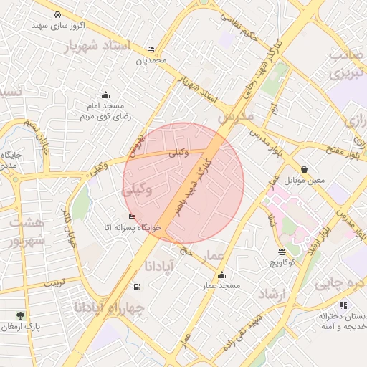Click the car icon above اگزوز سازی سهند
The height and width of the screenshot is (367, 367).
tap(57, 14)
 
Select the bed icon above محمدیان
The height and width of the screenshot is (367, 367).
tap(151, 49)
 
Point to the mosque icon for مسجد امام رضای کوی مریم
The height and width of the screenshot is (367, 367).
tap(105, 95)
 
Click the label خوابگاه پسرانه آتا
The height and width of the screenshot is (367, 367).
tap(133, 227)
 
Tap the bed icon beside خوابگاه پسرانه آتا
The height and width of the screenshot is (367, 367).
tap(131, 216)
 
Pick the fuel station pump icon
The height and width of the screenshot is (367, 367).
tap(136, 287)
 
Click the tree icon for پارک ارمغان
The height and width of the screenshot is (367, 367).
tap(20, 315)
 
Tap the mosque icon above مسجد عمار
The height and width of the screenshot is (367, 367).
tap(221, 275)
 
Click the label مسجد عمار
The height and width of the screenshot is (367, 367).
tap(219, 286)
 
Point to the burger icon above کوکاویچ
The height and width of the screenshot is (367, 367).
tap(281, 252)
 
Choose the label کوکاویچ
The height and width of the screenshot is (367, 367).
tap(282, 263)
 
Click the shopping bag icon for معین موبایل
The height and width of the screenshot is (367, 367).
tap(305, 170)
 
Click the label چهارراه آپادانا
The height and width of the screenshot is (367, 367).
tap(109, 308)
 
